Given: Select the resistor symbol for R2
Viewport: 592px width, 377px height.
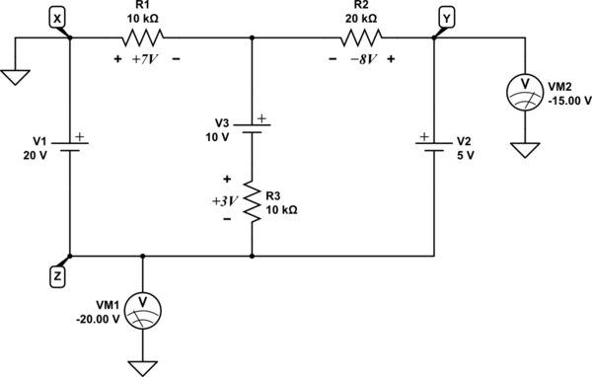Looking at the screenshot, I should (x=361, y=38).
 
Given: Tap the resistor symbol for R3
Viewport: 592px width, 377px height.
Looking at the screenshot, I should (x=253, y=202).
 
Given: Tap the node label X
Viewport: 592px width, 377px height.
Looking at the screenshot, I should (x=57, y=17).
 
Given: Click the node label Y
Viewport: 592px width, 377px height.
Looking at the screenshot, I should (x=447, y=17).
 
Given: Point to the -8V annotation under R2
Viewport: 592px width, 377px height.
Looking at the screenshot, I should (x=361, y=59).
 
